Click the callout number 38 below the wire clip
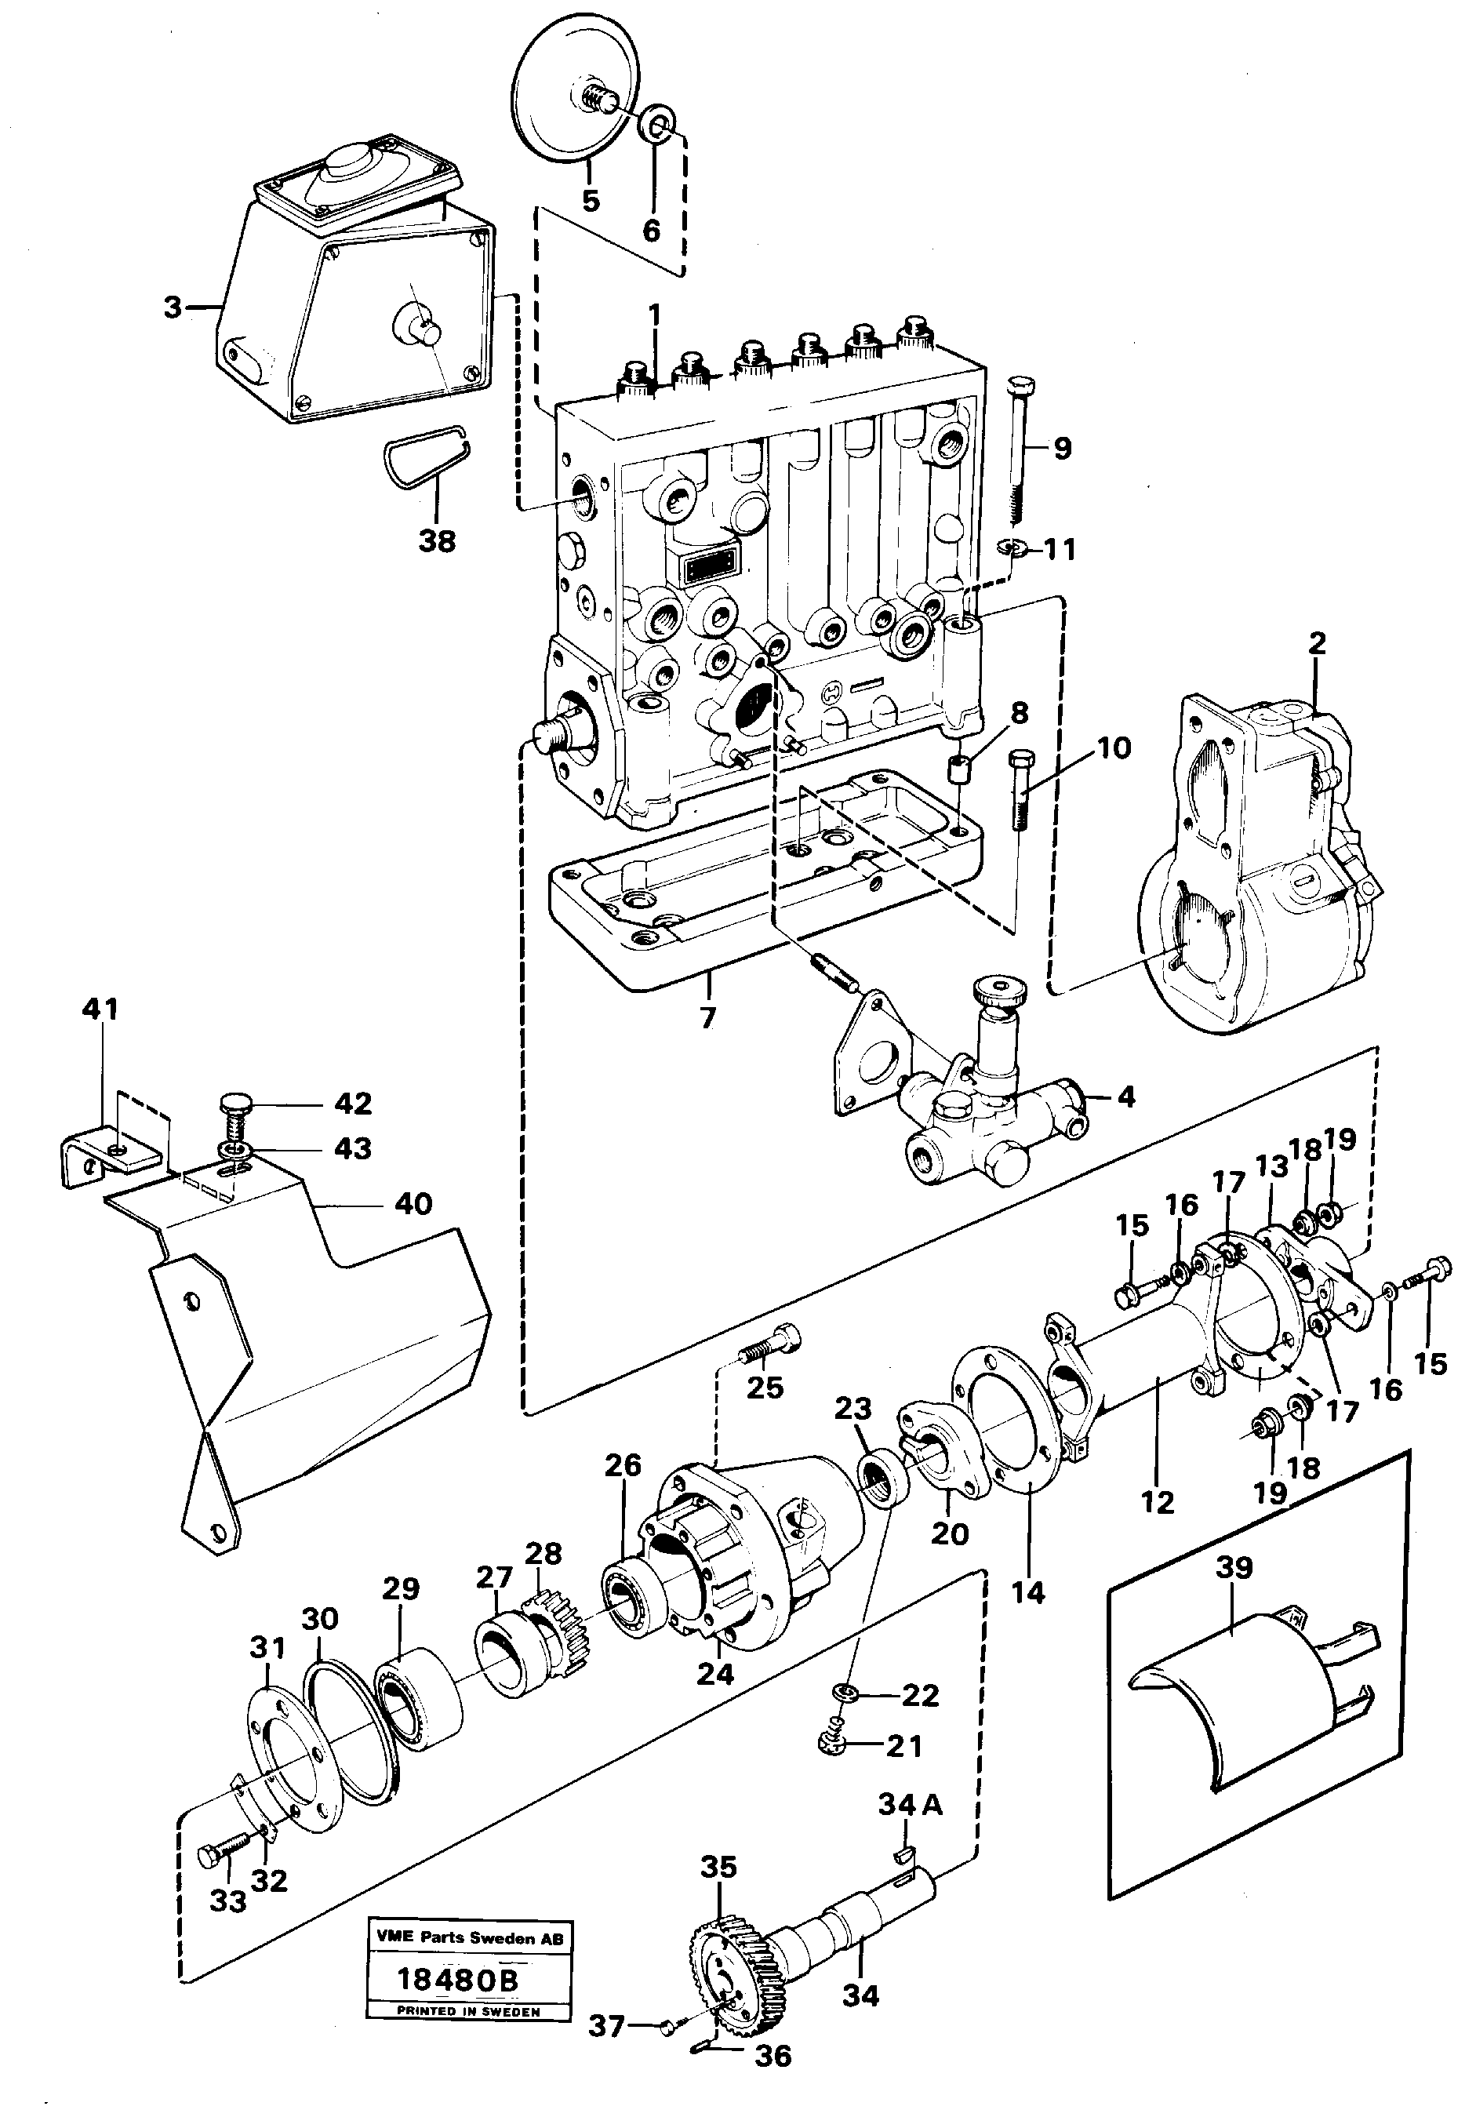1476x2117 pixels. [436, 540]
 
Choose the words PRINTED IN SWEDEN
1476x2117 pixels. [468, 2011]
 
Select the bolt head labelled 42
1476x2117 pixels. [237, 1104]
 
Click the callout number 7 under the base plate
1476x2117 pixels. [707, 1018]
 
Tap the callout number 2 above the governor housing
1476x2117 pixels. [1317, 642]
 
